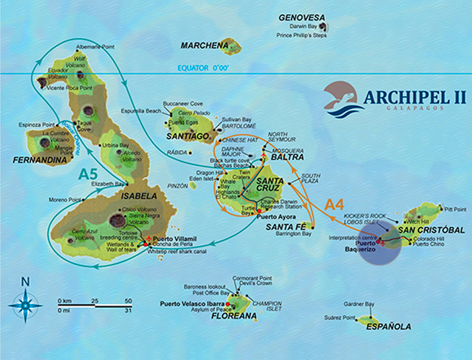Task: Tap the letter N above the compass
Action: click(25, 281)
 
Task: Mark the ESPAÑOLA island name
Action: click(389, 327)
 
